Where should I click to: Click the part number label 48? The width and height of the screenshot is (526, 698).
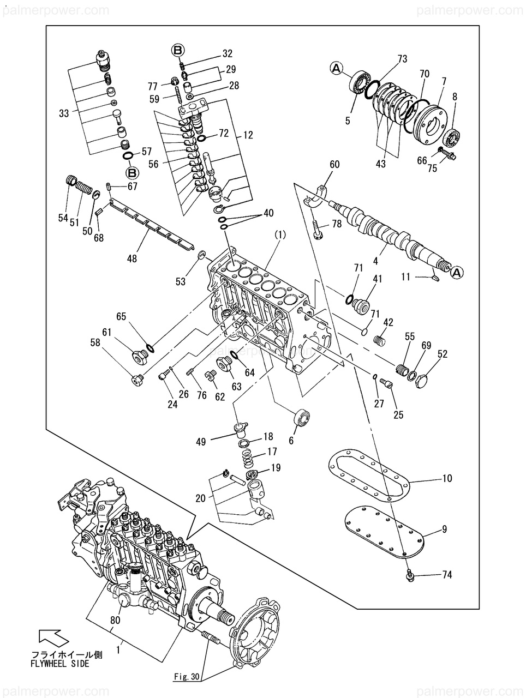tap(131, 258)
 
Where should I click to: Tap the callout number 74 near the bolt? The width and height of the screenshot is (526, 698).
tap(447, 575)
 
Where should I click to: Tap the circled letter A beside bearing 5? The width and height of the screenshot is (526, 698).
tap(337, 68)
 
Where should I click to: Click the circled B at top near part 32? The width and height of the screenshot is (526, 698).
tap(178, 50)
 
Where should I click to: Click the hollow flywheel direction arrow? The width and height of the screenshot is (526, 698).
tap(54, 640)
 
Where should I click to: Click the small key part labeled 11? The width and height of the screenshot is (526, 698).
tap(436, 278)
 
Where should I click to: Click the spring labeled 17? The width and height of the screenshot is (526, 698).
tap(249, 459)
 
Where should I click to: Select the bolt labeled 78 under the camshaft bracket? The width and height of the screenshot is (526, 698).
tap(316, 229)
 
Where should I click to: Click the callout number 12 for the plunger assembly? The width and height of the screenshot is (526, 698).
tap(248, 135)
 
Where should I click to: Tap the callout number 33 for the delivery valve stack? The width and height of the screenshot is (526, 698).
tap(64, 113)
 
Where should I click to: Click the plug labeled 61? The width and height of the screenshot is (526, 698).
tap(139, 356)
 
